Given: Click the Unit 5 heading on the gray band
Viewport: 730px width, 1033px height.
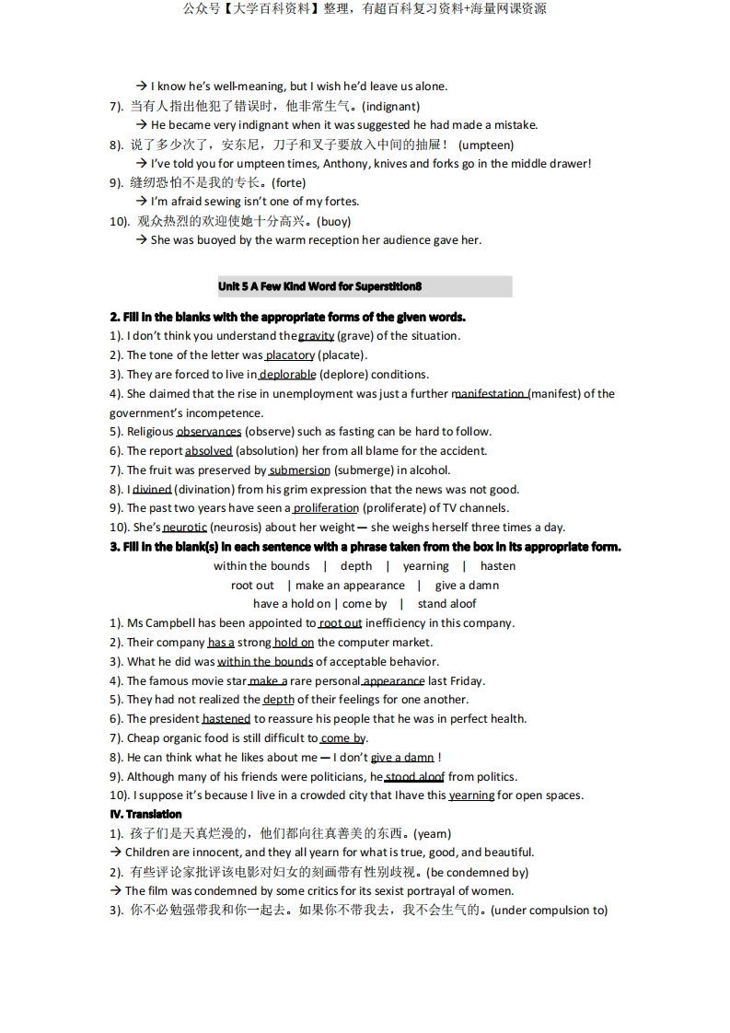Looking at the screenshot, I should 319,286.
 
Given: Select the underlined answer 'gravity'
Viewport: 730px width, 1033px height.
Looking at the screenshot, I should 316,336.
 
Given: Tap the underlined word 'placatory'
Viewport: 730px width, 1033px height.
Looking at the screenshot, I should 290,355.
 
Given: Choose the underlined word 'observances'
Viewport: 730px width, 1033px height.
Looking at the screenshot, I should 209,432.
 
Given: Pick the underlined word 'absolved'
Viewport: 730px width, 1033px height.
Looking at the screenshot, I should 209,451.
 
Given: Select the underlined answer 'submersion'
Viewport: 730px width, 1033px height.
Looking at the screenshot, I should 299,470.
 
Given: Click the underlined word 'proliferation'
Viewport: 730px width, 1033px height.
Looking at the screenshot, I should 326,508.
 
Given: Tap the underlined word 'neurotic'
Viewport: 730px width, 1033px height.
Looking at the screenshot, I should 185,528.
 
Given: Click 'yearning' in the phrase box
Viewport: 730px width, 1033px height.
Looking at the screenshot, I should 425,566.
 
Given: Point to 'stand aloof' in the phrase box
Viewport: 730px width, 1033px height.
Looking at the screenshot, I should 447,604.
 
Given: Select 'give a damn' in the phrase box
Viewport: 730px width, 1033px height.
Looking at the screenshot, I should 467,586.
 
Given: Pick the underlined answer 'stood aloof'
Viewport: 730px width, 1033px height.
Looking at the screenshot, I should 414,777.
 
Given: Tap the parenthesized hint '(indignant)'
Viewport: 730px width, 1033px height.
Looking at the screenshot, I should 391,107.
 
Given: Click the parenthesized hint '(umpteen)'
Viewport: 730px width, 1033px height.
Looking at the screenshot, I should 486,145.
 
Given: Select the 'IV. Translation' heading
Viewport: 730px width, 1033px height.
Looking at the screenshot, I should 145,815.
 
